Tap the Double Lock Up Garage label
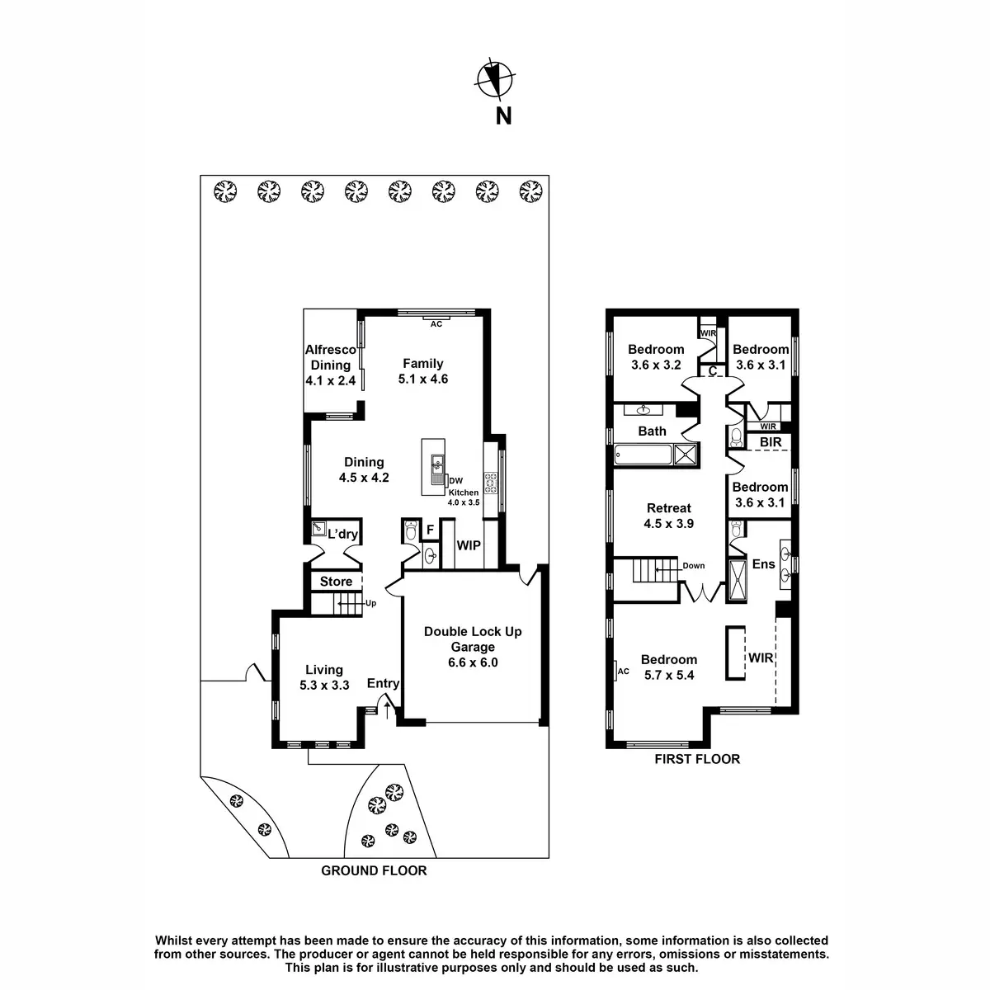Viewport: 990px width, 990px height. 473,639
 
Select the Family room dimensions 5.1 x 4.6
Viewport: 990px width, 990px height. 423,379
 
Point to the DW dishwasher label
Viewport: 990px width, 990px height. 455,480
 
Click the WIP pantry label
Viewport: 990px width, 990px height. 469,546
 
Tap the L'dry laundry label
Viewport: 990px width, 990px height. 342,535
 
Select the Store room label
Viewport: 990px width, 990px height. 336,582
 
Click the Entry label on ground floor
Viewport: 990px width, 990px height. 383,683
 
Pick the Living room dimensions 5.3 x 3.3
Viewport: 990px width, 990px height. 324,685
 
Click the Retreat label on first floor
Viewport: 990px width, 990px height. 668,508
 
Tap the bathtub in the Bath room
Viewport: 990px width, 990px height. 643,453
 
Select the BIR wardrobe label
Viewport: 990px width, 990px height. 771,443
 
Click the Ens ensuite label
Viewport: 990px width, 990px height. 762,564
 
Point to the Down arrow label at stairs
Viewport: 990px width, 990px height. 693,566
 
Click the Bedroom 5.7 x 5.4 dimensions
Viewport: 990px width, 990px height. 668,675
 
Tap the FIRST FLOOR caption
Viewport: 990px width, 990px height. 697,759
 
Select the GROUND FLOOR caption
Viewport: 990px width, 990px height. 374,870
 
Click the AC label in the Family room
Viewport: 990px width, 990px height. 436,324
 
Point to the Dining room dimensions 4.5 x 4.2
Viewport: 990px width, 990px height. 364,477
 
